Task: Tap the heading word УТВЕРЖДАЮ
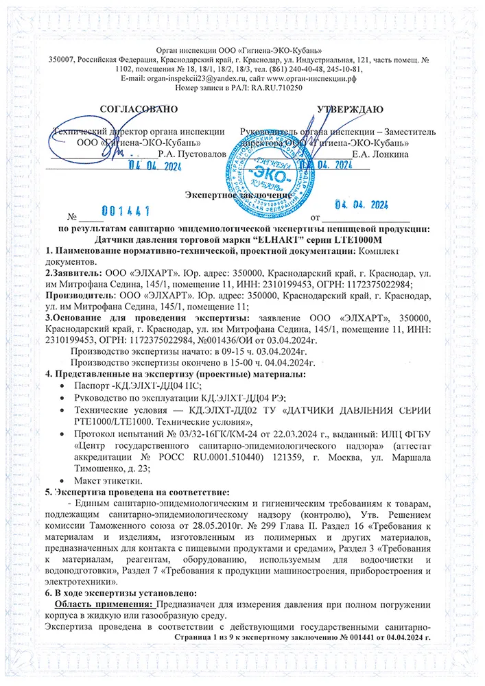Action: click(x=350, y=109)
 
